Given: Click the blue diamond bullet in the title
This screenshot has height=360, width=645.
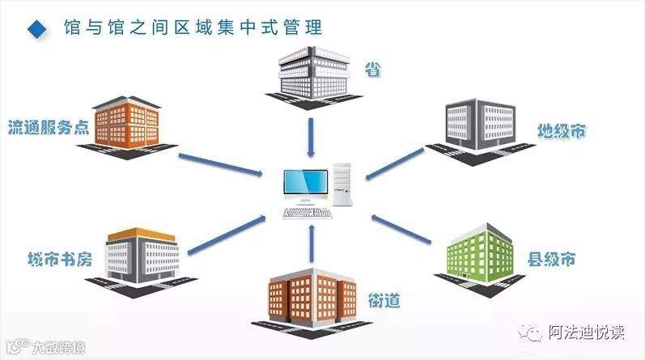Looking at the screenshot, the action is pos(36,29).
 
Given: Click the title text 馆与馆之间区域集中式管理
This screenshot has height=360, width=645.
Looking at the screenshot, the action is pos(193,28).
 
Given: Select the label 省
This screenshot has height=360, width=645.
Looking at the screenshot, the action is pos(373,71).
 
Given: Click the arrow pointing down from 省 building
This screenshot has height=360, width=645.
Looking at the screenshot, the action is pos(312,134).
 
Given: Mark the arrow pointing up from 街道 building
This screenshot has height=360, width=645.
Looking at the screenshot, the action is pos(312,243).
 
